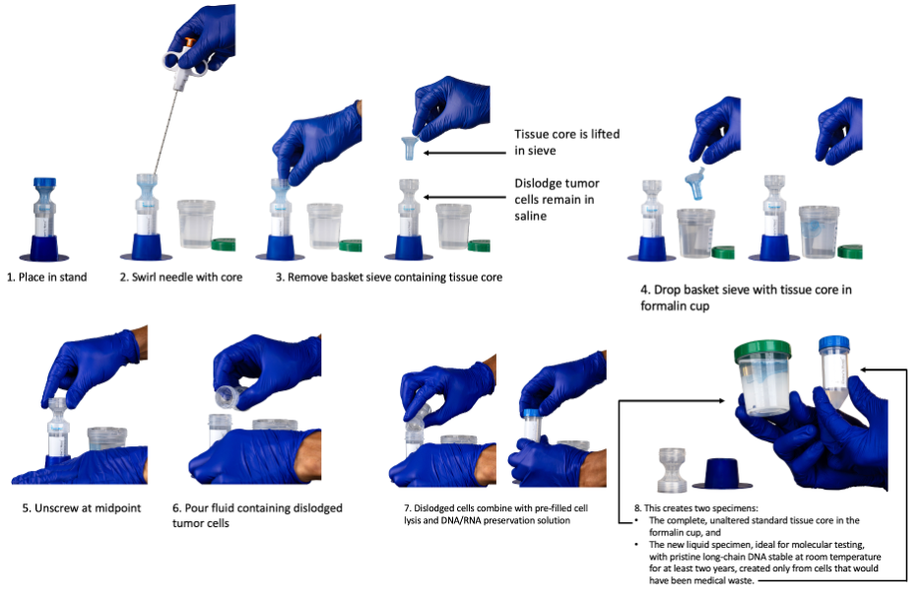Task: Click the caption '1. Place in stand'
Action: tap(46, 277)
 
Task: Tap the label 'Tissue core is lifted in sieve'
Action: tap(566, 142)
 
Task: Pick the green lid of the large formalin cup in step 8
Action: tap(762, 351)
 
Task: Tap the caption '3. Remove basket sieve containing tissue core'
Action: tap(388, 277)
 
